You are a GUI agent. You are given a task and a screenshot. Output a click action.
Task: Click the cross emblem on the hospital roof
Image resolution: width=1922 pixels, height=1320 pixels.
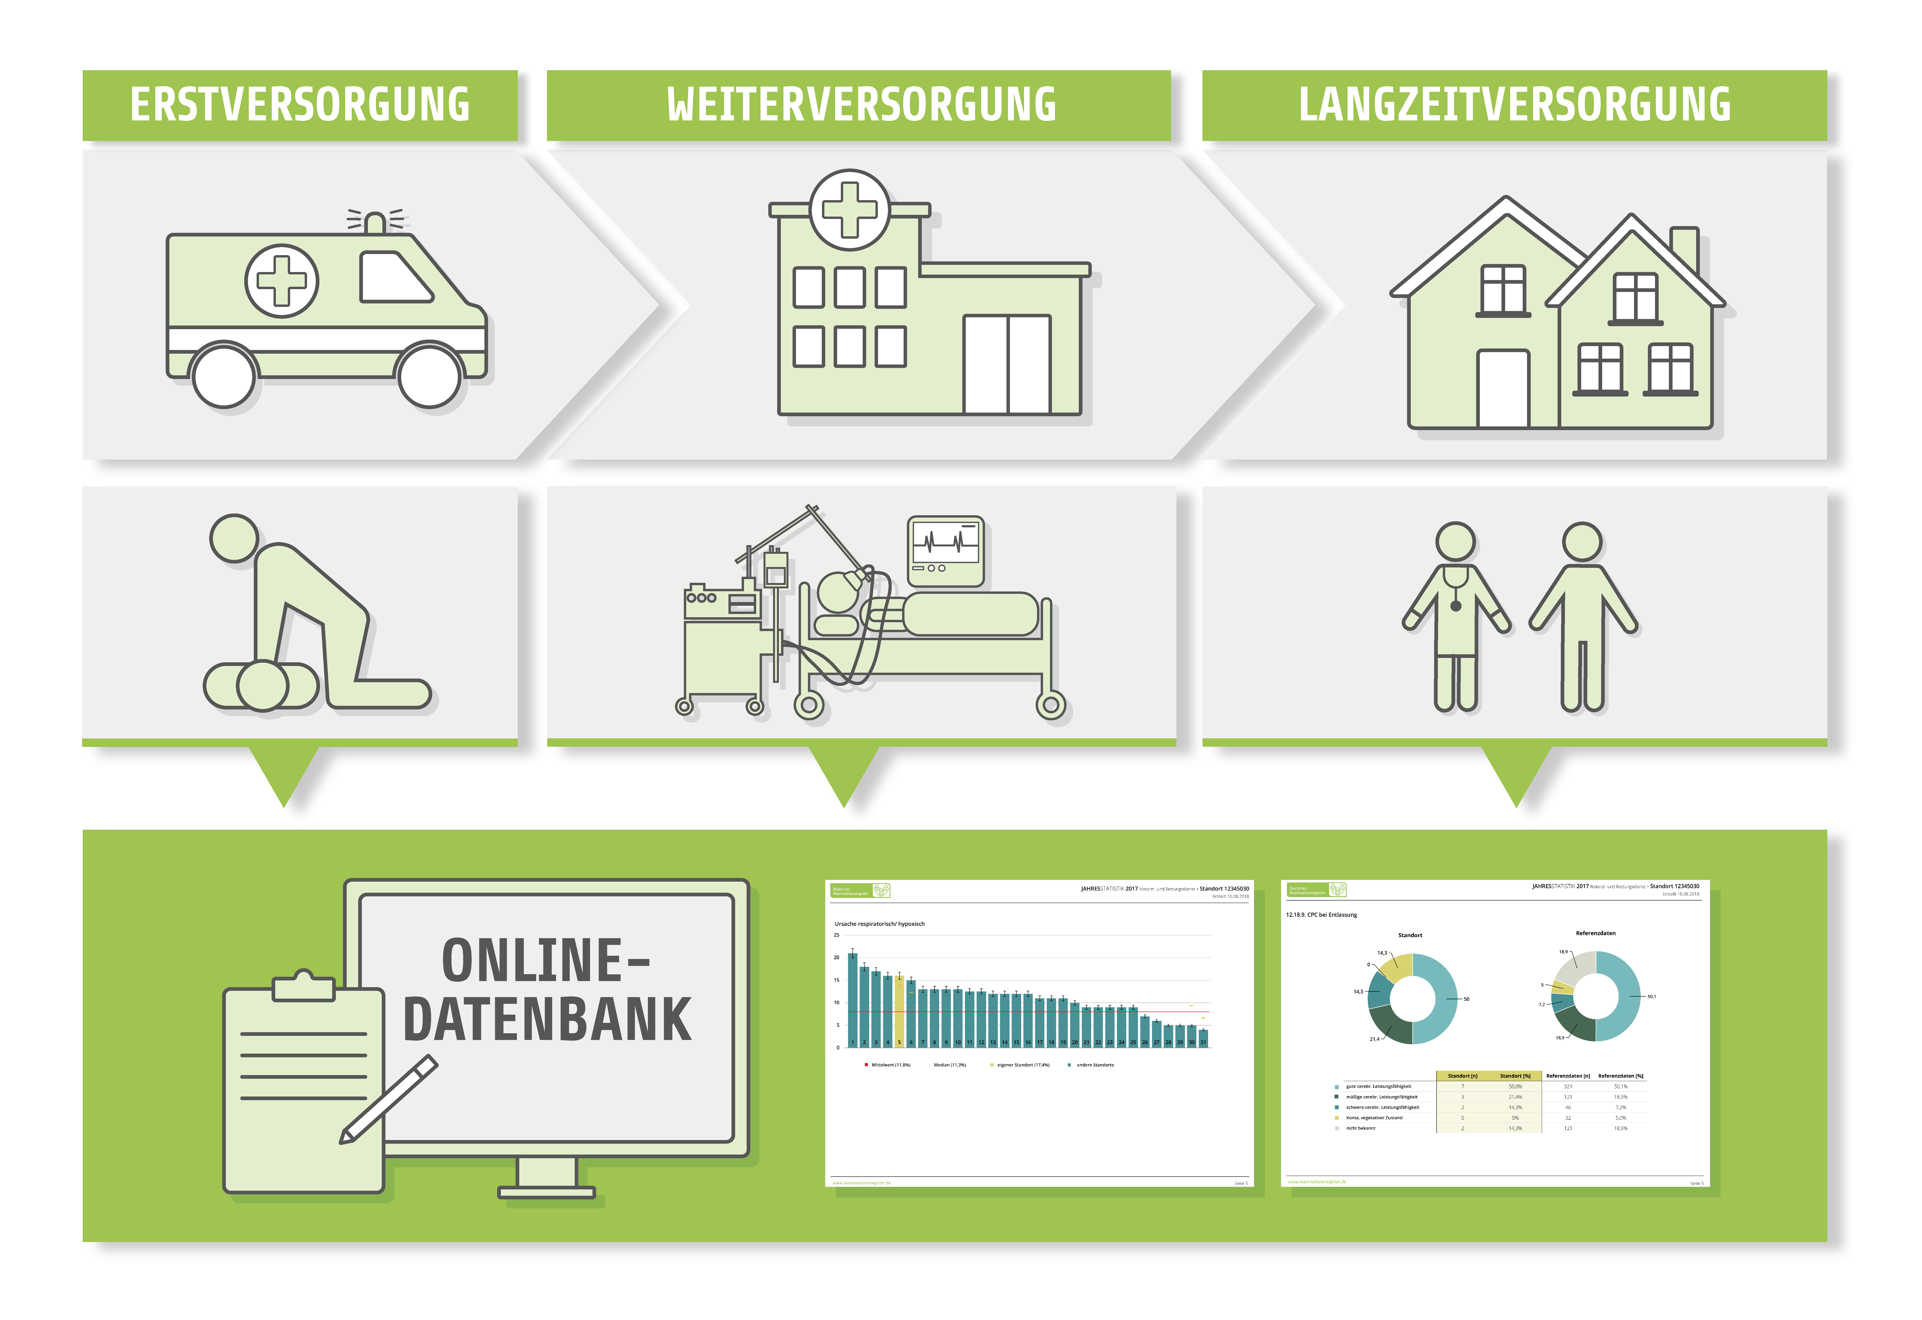pyautogui.click(x=849, y=209)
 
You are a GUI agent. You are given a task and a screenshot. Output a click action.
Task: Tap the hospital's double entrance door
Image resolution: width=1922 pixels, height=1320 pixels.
pyautogui.click(x=1006, y=364)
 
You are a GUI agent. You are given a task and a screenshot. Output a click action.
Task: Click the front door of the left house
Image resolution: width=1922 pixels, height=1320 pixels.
pyautogui.click(x=1503, y=387)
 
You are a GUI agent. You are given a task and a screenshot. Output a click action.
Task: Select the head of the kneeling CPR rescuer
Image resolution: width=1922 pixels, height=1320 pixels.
pyautogui.click(x=234, y=538)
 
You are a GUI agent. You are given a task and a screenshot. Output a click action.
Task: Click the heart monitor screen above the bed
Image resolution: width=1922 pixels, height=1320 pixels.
pyautogui.click(x=945, y=544)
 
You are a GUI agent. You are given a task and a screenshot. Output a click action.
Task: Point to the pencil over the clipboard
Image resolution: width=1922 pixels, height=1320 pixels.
pyautogui.click(x=389, y=1100)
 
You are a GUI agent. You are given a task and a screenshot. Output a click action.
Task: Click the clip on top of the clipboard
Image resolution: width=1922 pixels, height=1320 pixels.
pyautogui.click(x=304, y=986)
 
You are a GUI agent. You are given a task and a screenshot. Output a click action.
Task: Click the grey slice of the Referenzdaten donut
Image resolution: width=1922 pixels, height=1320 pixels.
pyautogui.click(x=1582, y=968)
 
